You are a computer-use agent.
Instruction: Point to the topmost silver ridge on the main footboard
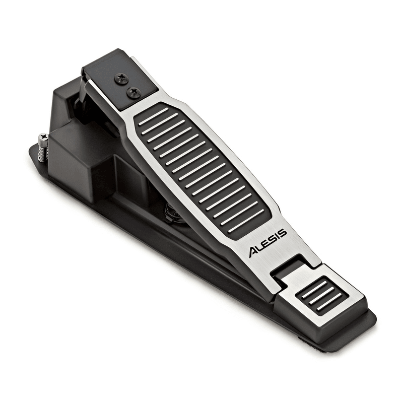pos(154,116)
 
